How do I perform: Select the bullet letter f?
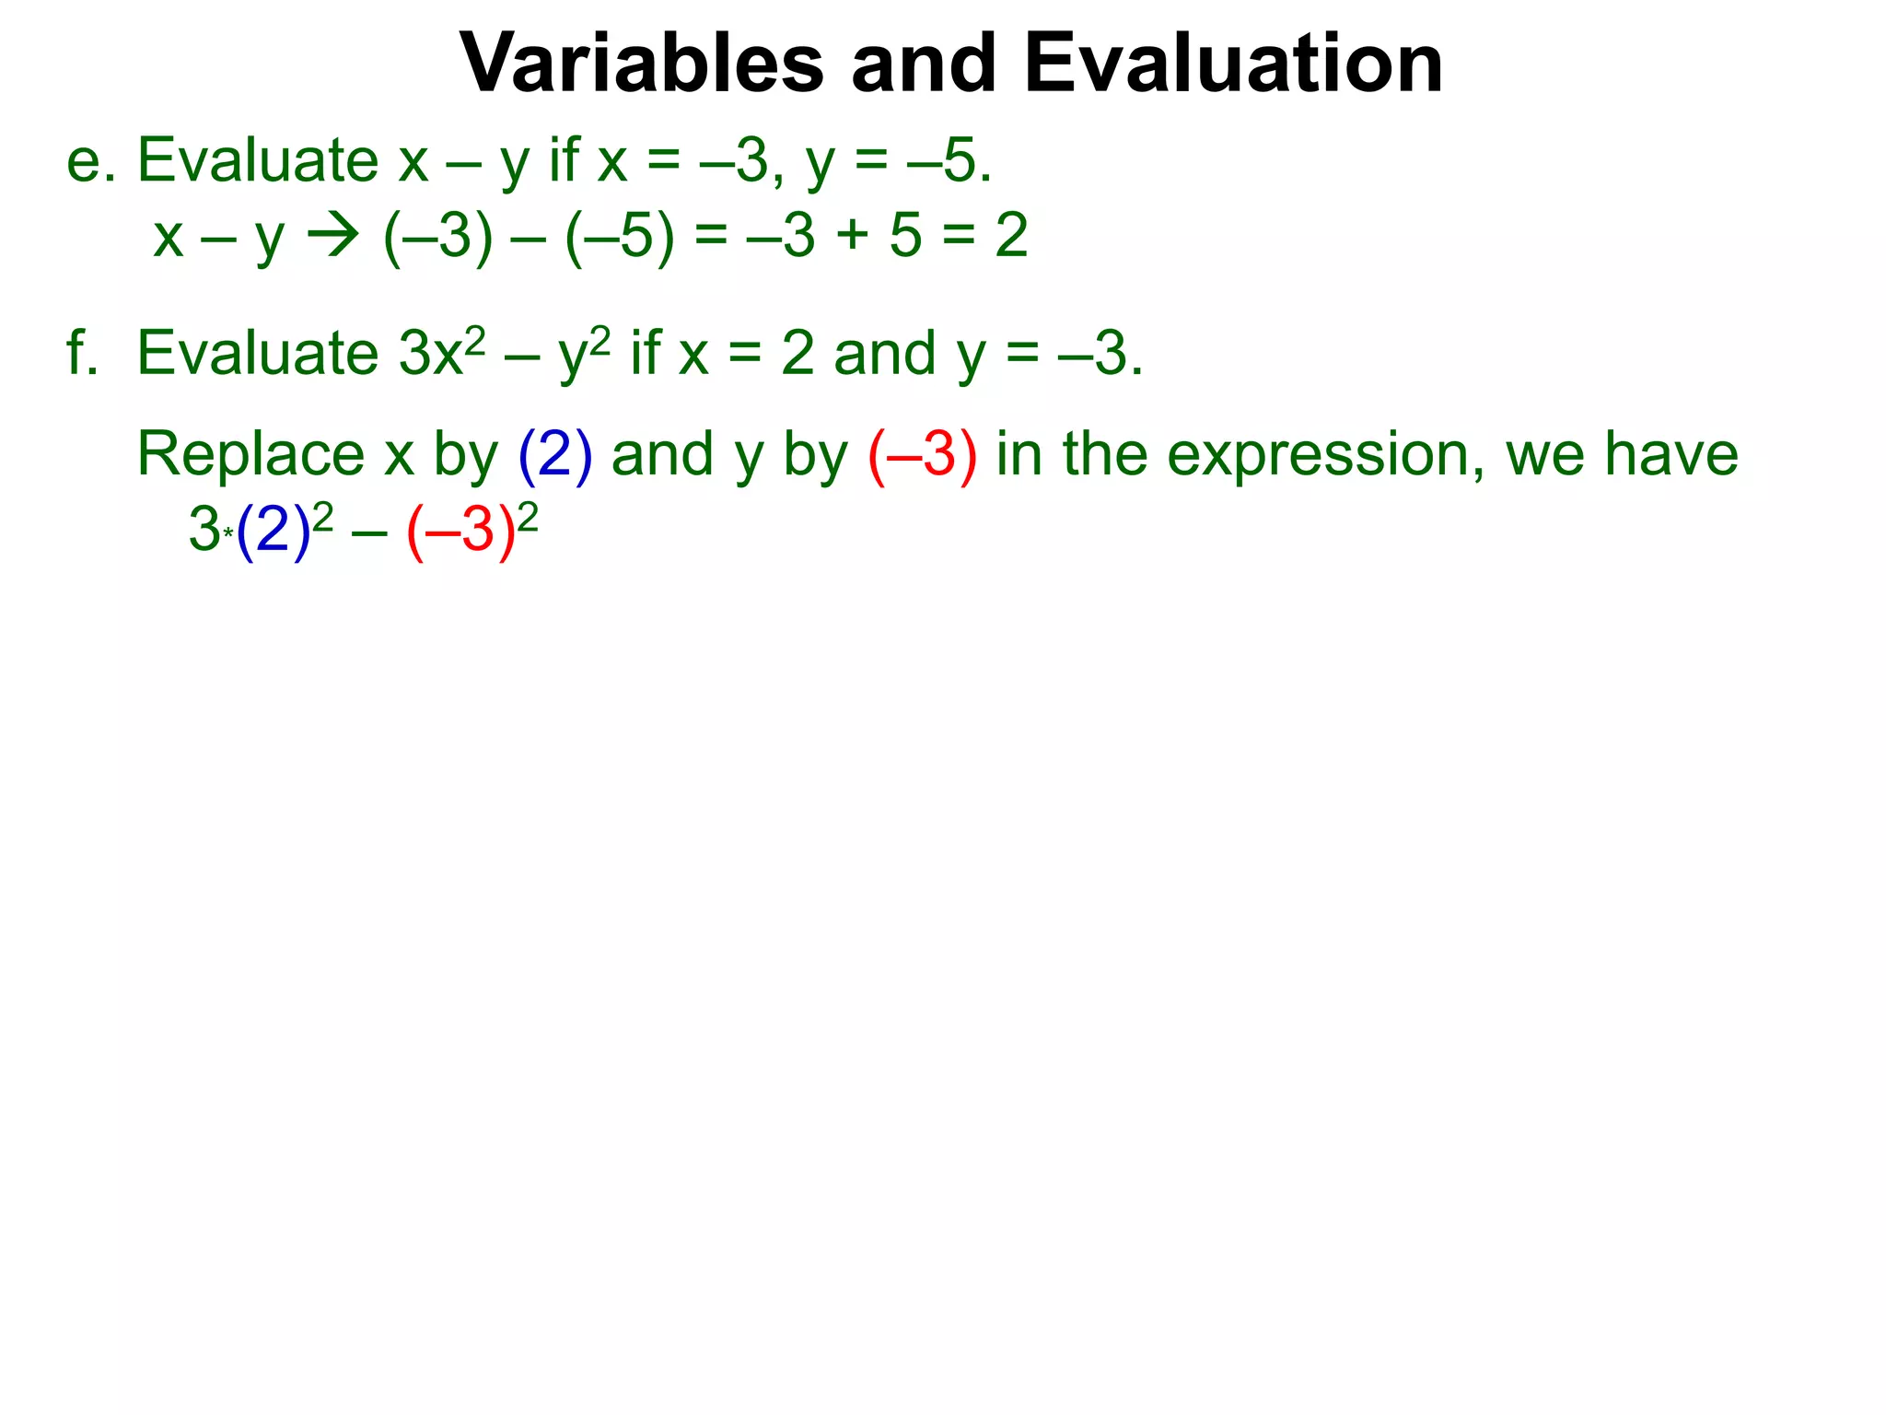coord(81,353)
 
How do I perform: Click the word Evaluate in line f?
coord(258,353)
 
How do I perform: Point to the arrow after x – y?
coord(332,237)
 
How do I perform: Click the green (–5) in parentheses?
coord(620,237)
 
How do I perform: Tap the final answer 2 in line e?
coord(1011,237)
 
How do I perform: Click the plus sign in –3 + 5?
coord(853,237)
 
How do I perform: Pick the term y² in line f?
coord(583,353)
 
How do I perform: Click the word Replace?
coord(250,454)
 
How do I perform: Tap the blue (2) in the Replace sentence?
coord(555,456)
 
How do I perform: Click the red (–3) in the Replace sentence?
coord(922,456)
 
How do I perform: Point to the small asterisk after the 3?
coord(228,532)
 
